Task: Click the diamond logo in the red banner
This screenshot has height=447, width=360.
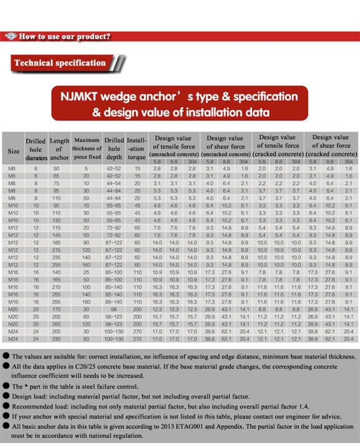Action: [11, 37]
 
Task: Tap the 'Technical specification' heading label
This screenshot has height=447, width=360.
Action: [60, 63]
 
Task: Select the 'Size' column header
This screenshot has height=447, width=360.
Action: [13, 151]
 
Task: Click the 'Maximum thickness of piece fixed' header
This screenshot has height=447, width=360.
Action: [87, 148]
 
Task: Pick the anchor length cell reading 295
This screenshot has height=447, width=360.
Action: [57, 302]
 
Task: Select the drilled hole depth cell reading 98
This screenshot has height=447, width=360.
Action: [114, 310]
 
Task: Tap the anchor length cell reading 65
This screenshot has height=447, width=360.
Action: [57, 176]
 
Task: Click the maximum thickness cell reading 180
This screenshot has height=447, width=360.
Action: [86, 302]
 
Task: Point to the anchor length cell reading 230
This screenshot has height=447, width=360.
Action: [57, 339]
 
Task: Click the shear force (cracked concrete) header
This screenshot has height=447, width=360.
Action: [331, 146]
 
